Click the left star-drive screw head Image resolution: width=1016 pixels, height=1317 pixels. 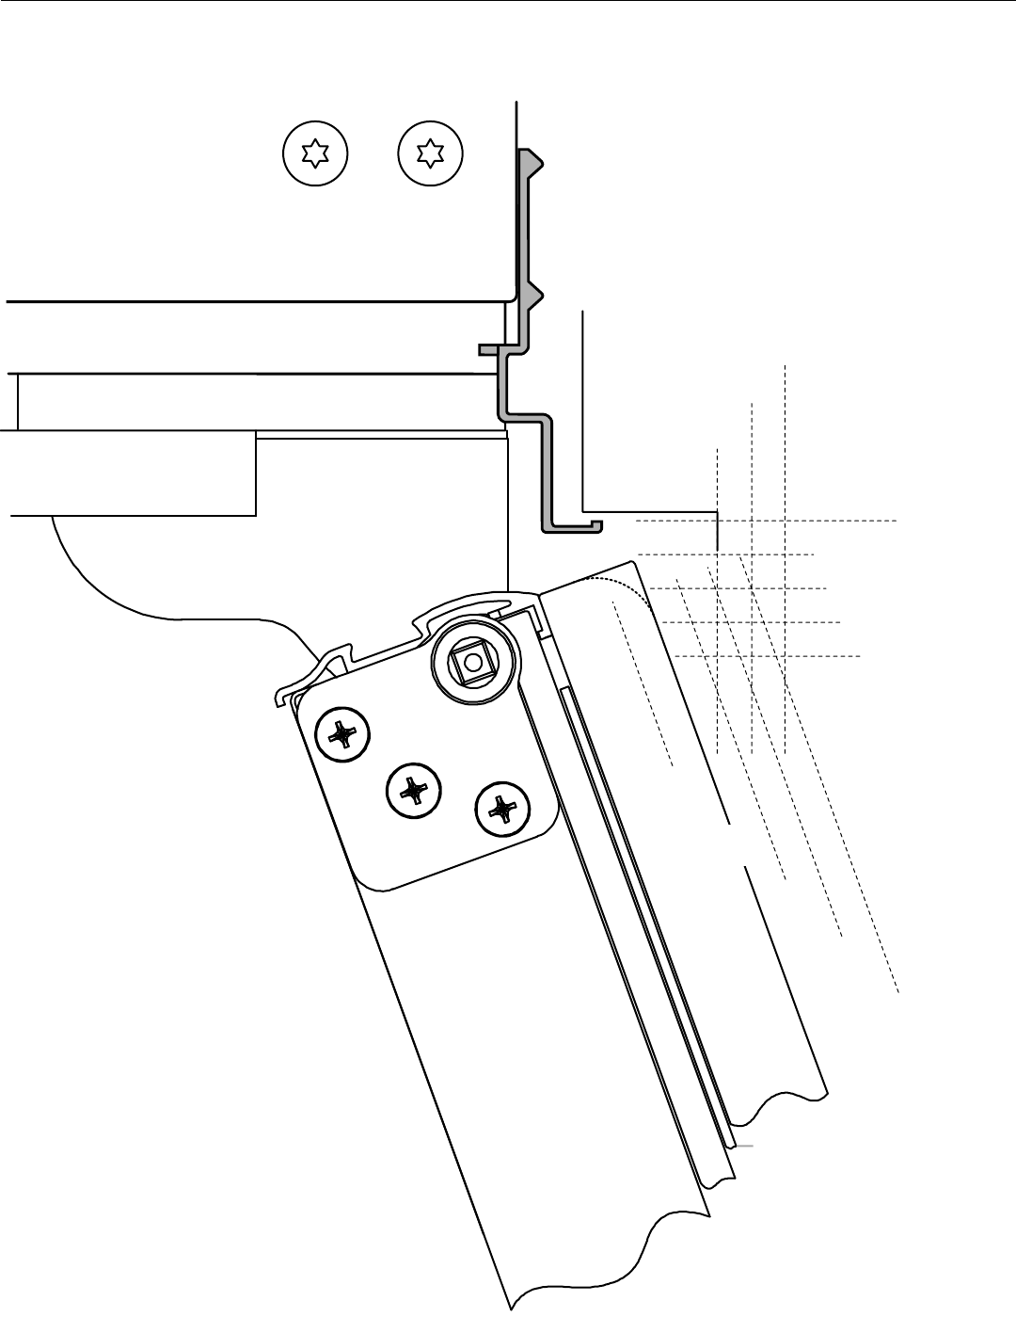click(316, 153)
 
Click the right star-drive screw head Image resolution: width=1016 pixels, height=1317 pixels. click(431, 153)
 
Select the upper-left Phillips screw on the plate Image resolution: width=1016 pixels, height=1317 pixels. click(341, 734)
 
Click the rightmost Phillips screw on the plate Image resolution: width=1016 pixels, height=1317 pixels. click(502, 809)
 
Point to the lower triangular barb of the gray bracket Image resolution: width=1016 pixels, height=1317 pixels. click(533, 297)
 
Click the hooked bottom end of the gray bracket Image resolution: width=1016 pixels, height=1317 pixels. click(574, 527)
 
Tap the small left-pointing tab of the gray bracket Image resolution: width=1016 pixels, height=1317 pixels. click(487, 350)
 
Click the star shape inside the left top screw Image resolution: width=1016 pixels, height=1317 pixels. click(316, 153)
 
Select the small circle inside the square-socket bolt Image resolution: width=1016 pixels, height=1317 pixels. click(470, 663)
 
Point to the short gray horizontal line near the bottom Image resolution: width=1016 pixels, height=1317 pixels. click(744, 1146)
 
